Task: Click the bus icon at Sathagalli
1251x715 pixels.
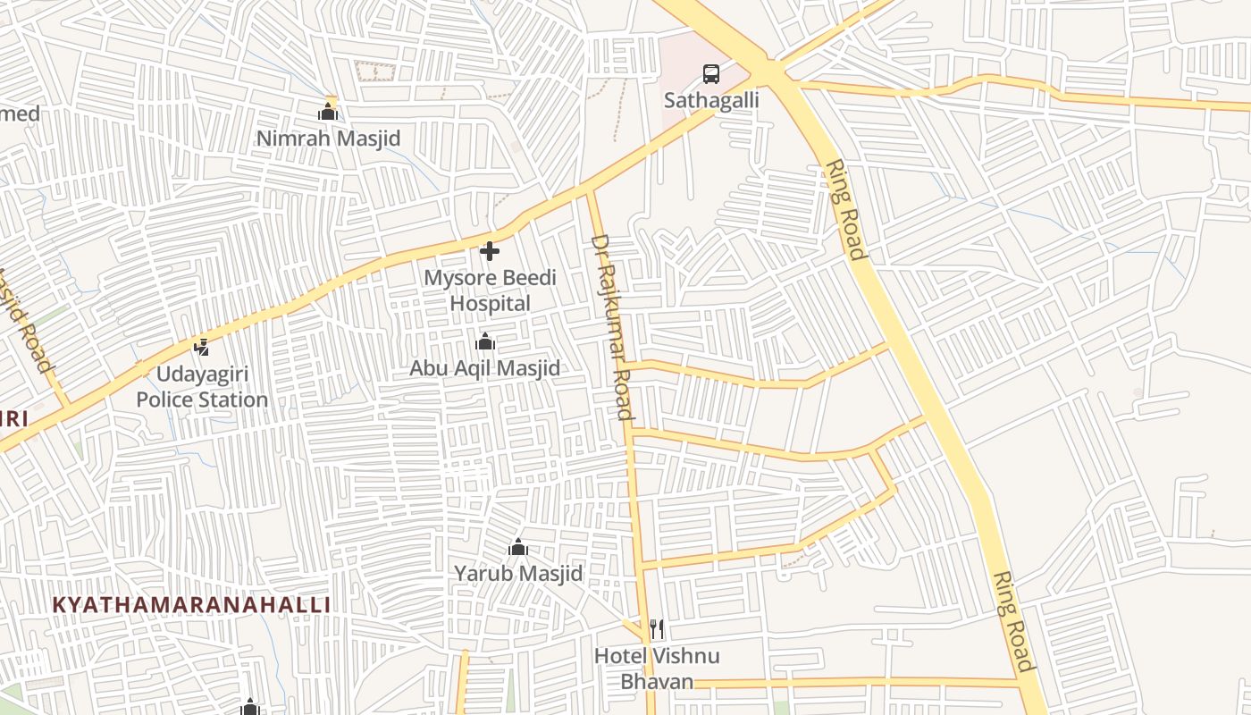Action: pyautogui.click(x=711, y=74)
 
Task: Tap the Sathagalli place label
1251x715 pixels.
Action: pyautogui.click(x=711, y=100)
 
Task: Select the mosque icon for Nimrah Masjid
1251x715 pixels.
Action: pyautogui.click(x=328, y=113)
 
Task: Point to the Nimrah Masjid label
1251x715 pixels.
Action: pyautogui.click(x=328, y=139)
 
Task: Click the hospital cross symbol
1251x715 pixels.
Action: pyautogui.click(x=490, y=251)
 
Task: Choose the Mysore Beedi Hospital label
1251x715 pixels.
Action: pyautogui.click(x=490, y=290)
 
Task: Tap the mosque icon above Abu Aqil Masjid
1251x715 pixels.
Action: pyautogui.click(x=485, y=342)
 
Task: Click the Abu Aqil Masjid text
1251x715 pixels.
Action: pyautogui.click(x=485, y=368)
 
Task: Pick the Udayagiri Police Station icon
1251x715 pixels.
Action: pyautogui.click(x=202, y=347)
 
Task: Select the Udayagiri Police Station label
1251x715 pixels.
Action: pyautogui.click(x=202, y=387)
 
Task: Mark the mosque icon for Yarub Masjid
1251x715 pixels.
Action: pyautogui.click(x=518, y=547)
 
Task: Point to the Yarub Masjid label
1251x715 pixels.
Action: pyautogui.click(x=518, y=573)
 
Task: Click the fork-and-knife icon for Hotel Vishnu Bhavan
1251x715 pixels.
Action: pyautogui.click(x=657, y=629)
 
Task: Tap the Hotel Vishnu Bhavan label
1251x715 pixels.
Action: pyautogui.click(x=658, y=669)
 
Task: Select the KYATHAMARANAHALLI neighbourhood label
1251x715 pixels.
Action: pyautogui.click(x=191, y=605)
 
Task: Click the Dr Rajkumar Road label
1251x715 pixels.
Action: pyautogui.click(x=613, y=326)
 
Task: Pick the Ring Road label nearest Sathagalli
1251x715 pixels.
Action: pyautogui.click(x=846, y=210)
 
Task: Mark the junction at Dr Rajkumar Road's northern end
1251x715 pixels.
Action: pyautogui.click(x=589, y=191)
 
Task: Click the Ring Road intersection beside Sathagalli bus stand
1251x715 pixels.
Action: pyautogui.click(x=770, y=70)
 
